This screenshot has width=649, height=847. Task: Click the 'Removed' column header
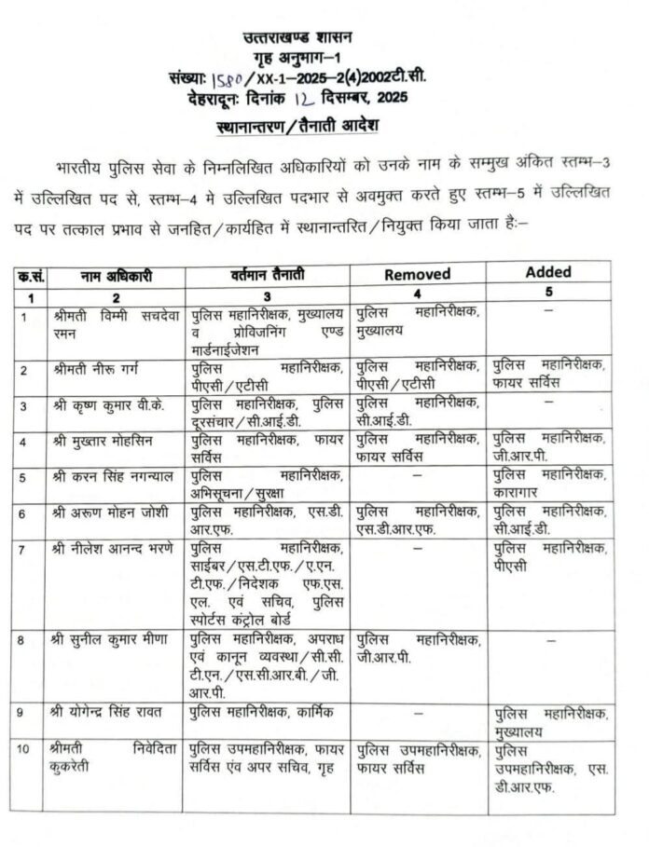point(417,275)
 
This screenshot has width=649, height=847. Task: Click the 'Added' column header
point(548,273)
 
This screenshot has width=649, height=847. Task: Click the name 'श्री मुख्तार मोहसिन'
point(105,438)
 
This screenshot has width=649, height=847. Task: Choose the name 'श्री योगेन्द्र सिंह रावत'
point(113,713)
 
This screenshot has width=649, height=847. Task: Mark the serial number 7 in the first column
point(25,548)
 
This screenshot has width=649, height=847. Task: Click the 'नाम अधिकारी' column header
point(117,277)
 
